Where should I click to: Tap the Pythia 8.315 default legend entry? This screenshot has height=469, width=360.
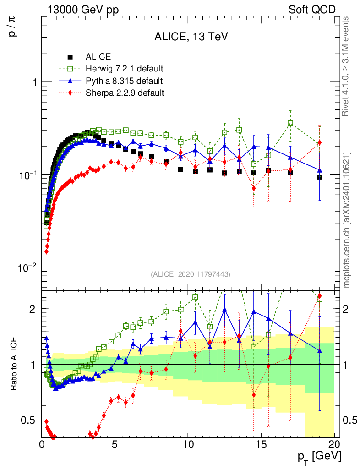tap(124, 81)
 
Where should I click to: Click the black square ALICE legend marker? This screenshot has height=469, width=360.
tap(70, 57)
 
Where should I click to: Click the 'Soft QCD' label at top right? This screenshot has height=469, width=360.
tap(312, 10)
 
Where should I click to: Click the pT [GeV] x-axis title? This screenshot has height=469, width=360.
tap(319, 457)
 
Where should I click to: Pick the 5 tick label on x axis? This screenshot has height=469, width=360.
tap(115, 445)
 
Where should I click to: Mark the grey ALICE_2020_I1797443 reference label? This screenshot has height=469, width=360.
tap(191, 274)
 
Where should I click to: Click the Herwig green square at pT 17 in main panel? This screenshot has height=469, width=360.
tap(290, 123)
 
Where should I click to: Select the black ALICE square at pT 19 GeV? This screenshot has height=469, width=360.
tap(320, 177)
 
